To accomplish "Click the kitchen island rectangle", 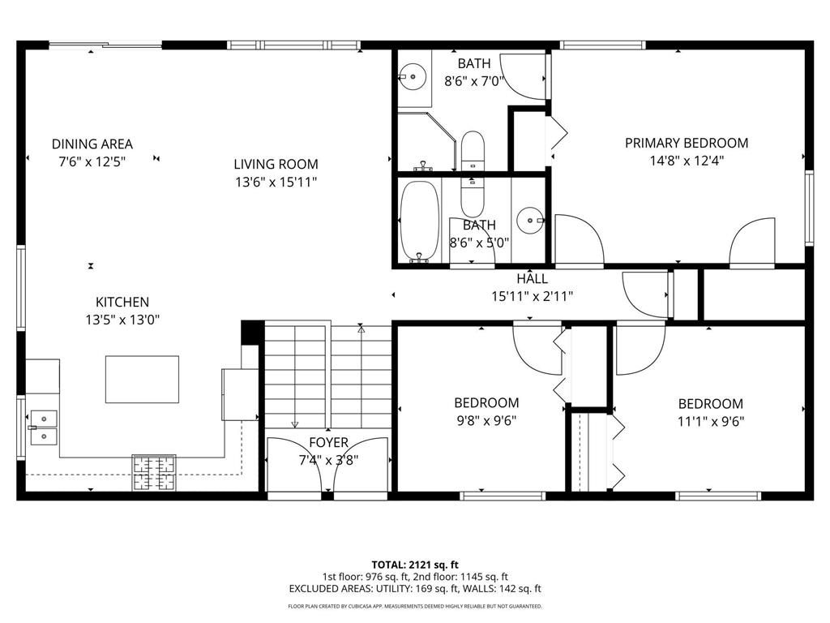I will [142, 379].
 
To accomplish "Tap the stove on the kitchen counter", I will [154, 472].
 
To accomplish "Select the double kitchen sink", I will [43, 428].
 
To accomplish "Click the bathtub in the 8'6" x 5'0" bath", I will [419, 220].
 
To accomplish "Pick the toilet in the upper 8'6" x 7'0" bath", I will [472, 151].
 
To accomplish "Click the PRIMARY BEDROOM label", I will [686, 143].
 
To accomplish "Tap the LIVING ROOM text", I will [276, 164].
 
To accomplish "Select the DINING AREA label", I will [92, 144].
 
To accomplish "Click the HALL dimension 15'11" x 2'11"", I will [532, 296].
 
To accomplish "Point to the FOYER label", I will [328, 443].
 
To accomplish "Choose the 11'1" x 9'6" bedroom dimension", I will [710, 421].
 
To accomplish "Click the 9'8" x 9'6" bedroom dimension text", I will [486, 420].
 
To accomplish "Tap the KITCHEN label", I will [122, 302].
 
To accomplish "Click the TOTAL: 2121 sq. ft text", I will [415, 565].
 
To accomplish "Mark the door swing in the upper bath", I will [524, 77].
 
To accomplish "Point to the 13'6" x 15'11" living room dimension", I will [276, 182].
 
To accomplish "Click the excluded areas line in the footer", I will [415, 589].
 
